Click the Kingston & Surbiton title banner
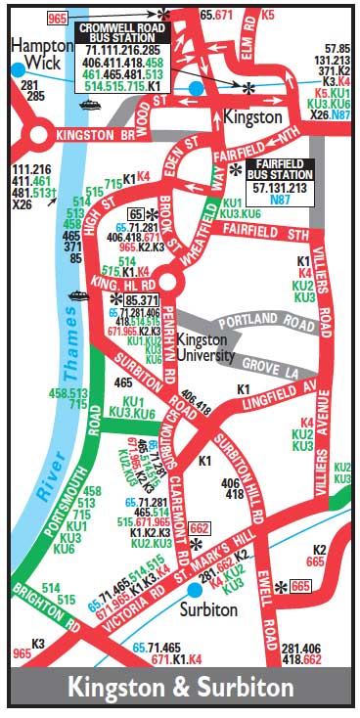pos(180,687)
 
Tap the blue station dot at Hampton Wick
pos(18,69)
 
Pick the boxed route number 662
pos(199,527)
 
